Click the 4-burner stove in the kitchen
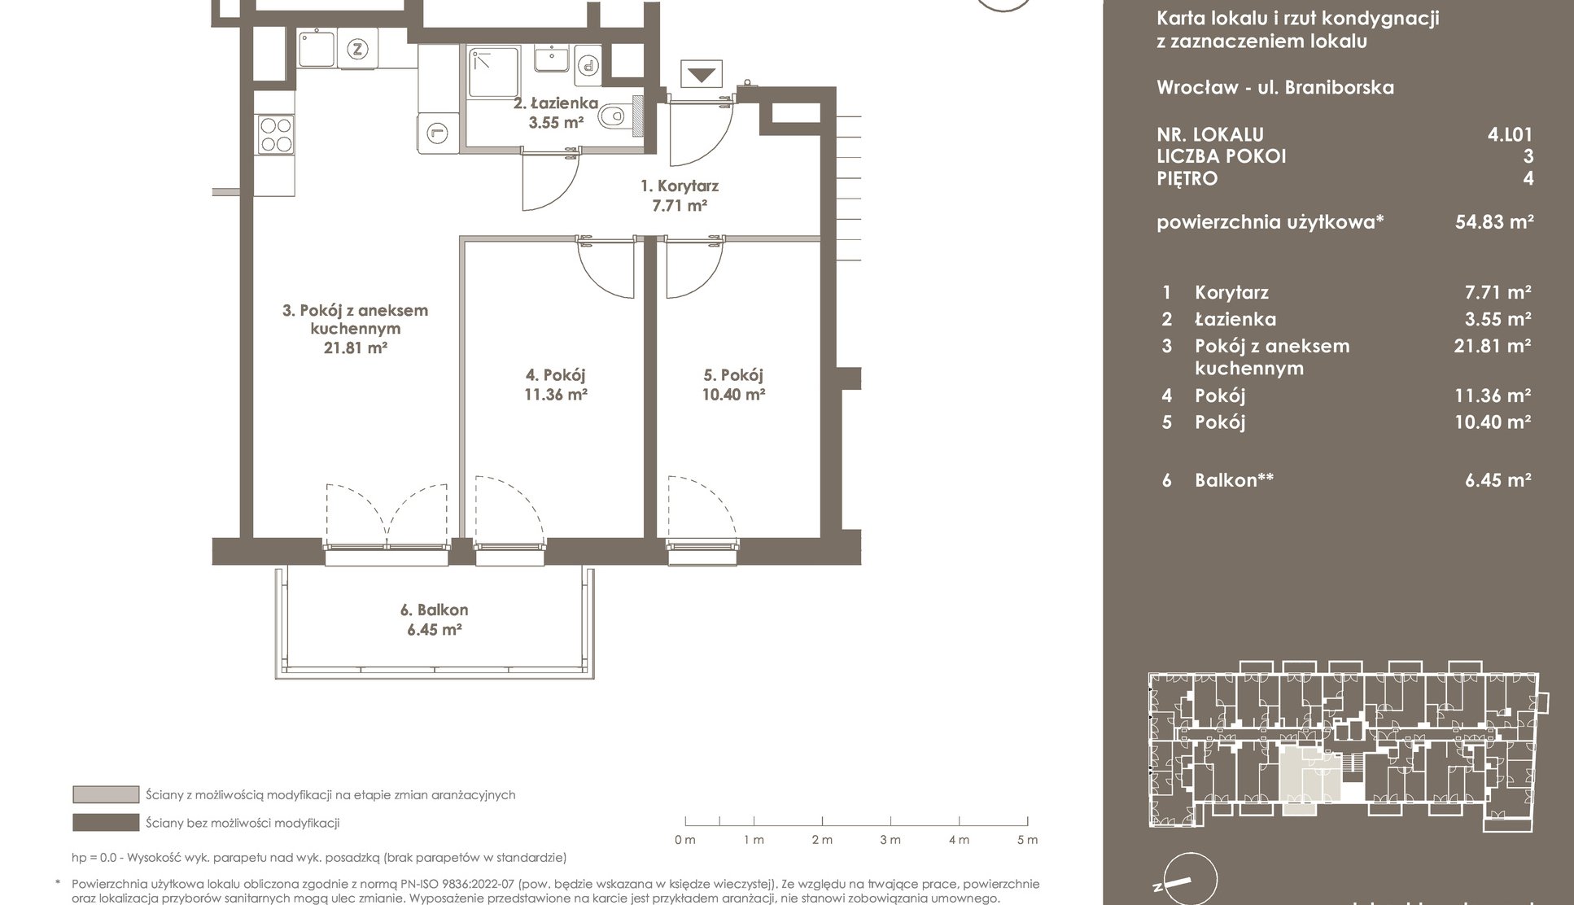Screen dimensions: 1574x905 tap(275, 135)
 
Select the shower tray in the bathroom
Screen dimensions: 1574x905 tap(494, 73)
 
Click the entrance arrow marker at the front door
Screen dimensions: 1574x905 tap(702, 76)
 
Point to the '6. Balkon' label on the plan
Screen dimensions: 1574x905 tap(434, 610)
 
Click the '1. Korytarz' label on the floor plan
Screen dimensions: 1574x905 tap(679, 186)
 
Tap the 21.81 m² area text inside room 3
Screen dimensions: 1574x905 tap(355, 348)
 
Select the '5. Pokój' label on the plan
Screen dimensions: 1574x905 tap(733, 375)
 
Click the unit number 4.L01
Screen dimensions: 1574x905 tap(1510, 134)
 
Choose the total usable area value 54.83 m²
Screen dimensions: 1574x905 tap(1494, 221)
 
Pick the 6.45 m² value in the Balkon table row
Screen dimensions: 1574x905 tap(1498, 480)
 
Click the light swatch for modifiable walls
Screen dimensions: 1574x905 tap(106, 794)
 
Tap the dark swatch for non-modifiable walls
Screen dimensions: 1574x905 tap(106, 822)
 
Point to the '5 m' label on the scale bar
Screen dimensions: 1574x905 tap(1027, 840)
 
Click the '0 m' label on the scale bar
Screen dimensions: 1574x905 tap(684, 840)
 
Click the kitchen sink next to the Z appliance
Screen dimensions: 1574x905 tap(316, 49)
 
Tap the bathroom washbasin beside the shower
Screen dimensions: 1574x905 tap(552, 59)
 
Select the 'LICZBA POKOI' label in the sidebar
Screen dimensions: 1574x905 tap(1221, 156)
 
